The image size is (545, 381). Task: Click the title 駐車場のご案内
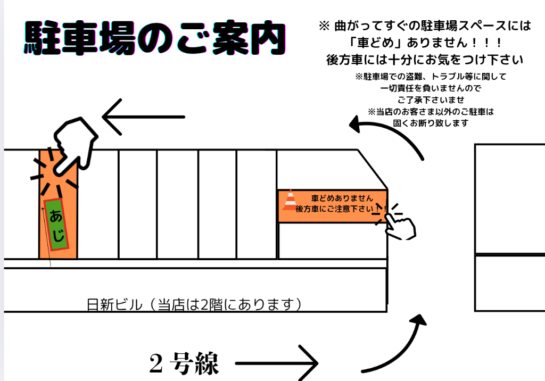pos(154,38)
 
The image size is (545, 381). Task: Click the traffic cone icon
pos(290,200)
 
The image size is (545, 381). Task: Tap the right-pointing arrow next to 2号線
pos(277,364)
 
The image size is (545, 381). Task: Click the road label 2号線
pos(184,365)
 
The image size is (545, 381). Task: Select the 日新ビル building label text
pos(195,305)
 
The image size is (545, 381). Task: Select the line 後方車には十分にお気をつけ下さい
pos(424,59)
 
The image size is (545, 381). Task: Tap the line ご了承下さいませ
pos(431,100)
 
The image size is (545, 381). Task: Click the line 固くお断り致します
pos(431,123)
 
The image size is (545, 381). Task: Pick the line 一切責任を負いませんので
pos(431,88)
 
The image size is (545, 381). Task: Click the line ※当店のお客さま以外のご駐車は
pos(431,111)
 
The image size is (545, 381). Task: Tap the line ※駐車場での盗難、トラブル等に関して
pos(431,76)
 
